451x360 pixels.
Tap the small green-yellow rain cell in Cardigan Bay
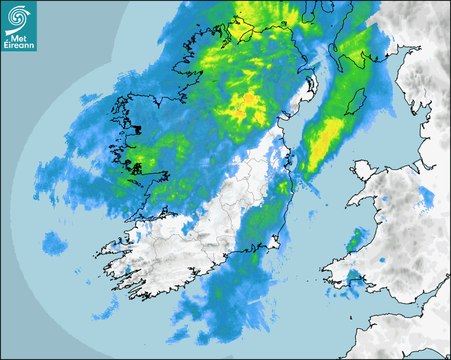(356, 239)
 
